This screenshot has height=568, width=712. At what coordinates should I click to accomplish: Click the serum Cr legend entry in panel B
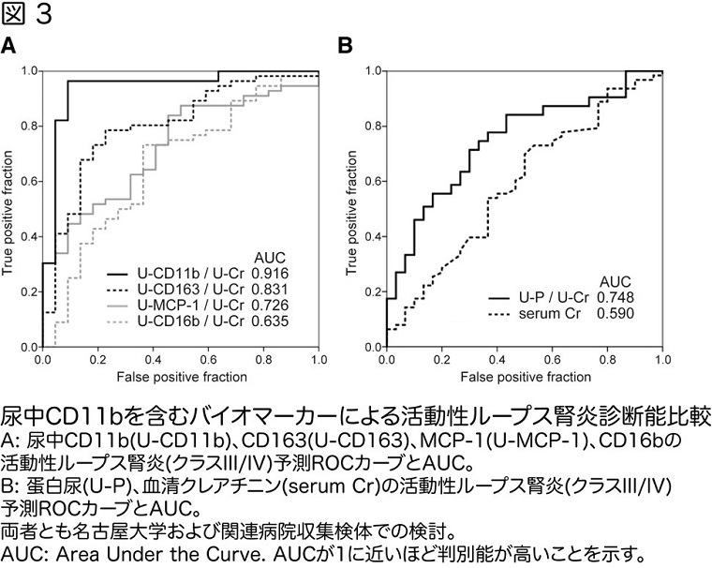(x=543, y=313)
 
